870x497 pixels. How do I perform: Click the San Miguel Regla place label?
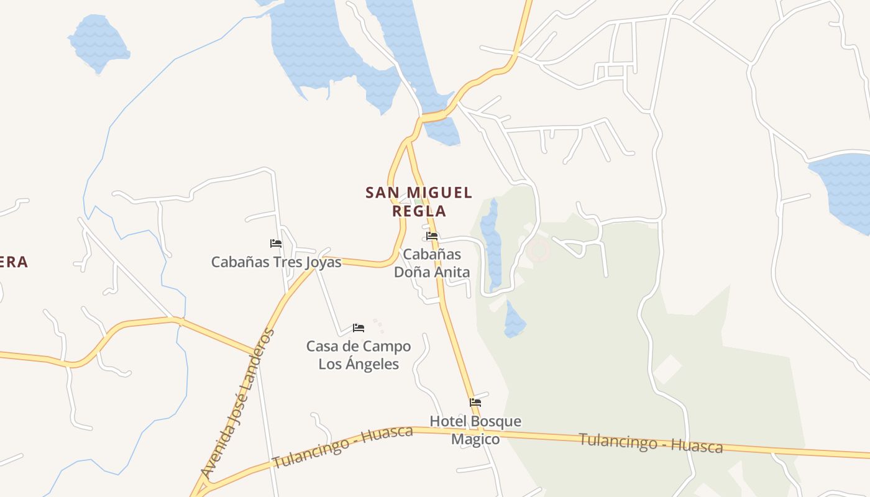tap(419, 201)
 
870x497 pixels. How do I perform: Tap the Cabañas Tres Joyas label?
tap(276, 262)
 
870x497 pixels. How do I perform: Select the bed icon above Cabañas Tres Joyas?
tap(276, 243)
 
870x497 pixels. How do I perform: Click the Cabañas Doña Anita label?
tap(432, 263)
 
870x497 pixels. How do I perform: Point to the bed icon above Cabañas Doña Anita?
tap(432, 236)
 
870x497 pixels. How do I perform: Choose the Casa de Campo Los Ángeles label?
tap(359, 355)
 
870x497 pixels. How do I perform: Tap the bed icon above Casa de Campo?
tap(359, 327)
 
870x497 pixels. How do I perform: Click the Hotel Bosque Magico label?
tap(475, 430)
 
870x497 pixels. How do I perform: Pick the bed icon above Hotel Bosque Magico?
tap(475, 403)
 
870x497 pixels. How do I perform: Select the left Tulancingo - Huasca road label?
tap(342, 447)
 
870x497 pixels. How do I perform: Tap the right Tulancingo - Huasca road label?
tap(651, 443)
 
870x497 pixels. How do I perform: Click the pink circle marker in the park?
tap(538, 251)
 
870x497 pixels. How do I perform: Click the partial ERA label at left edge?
tap(14, 262)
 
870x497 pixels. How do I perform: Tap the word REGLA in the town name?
tap(419, 211)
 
